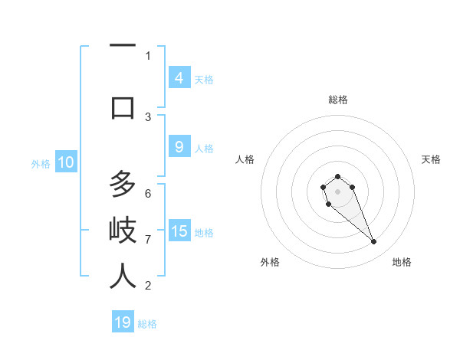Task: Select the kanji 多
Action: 123,185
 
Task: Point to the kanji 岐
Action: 123,231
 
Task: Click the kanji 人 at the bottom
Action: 123,277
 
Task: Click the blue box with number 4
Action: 179,77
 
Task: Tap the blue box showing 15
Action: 179,231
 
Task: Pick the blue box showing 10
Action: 65,162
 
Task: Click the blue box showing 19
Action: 123,322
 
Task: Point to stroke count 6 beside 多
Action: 148,193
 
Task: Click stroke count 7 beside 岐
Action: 148,240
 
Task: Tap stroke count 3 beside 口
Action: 148,116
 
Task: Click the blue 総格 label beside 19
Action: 147,324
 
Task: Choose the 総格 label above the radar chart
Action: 337,100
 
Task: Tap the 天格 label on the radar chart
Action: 431,159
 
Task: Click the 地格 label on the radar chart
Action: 402,262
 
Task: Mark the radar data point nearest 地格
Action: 374,242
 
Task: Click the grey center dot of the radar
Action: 337,191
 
